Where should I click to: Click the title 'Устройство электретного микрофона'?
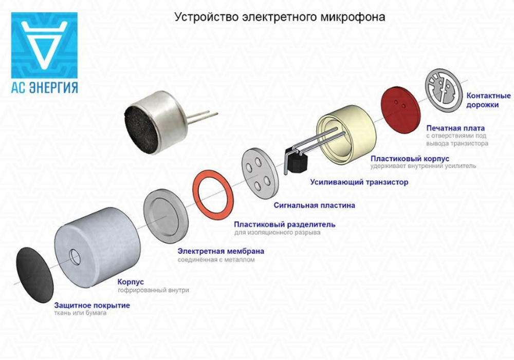[x=280, y=17]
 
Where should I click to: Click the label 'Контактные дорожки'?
[x=488, y=100]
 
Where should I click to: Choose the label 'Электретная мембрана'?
[x=221, y=251]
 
